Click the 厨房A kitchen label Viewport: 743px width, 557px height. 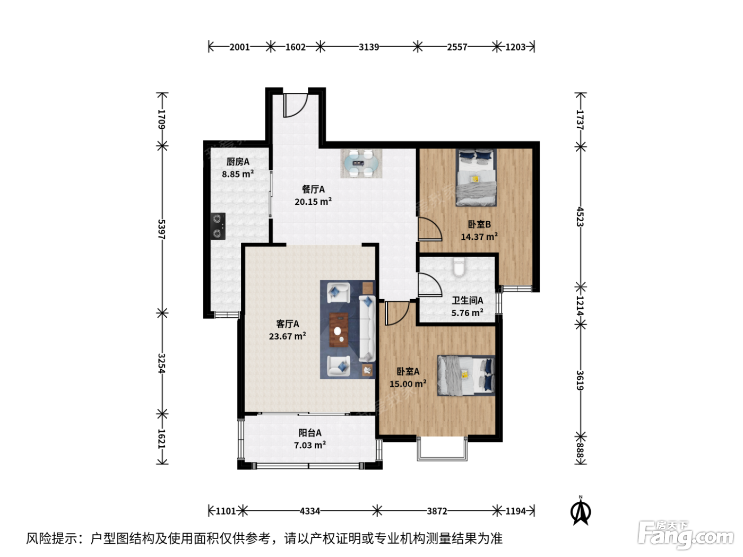coord(238,162)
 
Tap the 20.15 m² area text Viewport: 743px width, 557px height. coord(313,202)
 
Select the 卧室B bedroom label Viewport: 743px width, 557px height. coord(479,224)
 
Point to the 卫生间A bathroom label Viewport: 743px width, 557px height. coord(468,300)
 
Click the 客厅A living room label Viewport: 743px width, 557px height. coord(288,324)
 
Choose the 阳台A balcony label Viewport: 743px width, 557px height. coord(310,432)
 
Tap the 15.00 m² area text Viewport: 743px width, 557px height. coord(408,384)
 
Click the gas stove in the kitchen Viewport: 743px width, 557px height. coord(218,226)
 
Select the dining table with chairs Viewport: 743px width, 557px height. coord(361,163)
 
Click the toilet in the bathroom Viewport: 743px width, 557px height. coord(459,267)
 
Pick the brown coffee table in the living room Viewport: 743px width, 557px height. coord(339,330)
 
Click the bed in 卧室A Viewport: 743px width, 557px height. coord(466,376)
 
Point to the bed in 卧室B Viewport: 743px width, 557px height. coord(476,178)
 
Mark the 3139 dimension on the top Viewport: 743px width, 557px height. coord(369,47)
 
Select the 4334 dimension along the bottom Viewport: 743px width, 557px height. coord(310,511)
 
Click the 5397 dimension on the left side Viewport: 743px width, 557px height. coord(162,230)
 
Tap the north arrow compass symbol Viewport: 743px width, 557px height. coord(581,511)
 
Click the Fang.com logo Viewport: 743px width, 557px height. coord(686,535)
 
